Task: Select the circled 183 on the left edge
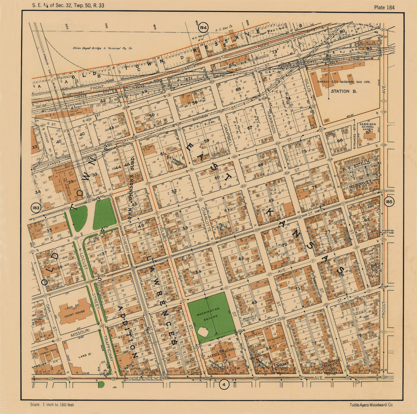point(35,208)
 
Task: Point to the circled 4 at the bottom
point(225,385)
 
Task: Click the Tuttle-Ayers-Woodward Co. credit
point(372,405)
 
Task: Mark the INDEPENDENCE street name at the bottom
point(145,378)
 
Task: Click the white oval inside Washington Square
point(203,331)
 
